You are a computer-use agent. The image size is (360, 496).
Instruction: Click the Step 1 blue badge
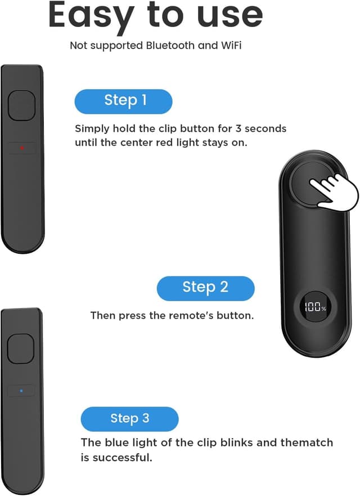coord(123,101)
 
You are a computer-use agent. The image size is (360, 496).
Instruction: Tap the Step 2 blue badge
coord(205,288)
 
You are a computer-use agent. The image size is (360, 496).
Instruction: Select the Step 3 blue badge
coord(129,419)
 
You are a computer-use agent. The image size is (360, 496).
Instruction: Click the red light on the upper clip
coord(22,148)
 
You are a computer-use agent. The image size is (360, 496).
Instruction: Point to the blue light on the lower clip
coord(21,391)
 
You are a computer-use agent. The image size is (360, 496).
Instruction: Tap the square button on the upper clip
coord(21,105)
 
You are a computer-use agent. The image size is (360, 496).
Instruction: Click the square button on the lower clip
coord(21,348)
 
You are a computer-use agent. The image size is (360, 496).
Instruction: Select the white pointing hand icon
coord(334,191)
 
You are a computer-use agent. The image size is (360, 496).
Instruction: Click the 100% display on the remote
coord(315,306)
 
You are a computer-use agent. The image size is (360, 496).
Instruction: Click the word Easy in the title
coord(91,15)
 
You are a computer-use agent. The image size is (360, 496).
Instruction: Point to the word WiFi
coord(231,46)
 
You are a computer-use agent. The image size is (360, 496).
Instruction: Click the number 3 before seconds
coord(238,129)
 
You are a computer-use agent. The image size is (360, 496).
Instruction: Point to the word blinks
coord(237,442)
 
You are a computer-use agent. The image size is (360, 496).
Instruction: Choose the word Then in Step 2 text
coord(103,315)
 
